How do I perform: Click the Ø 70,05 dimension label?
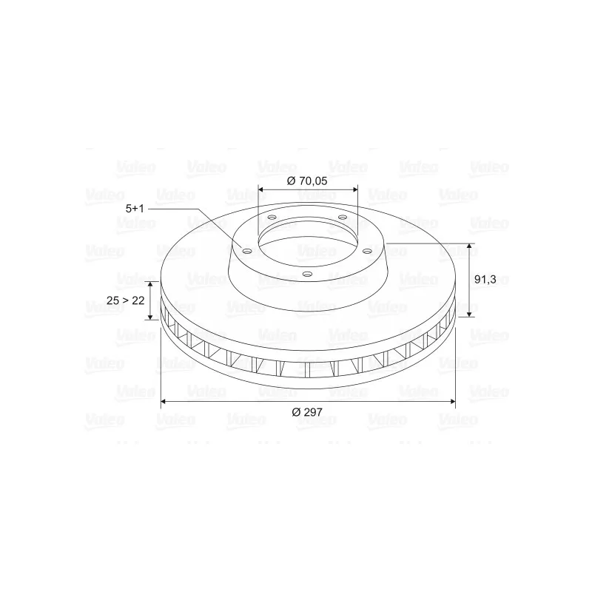pos(307,181)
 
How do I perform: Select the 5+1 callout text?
pos(135,209)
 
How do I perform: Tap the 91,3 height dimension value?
pos(485,280)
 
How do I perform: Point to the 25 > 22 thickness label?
pos(126,300)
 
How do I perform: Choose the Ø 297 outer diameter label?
pos(307,412)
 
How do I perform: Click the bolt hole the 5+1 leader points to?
pos(247,251)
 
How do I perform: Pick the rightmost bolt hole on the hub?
pos(367,251)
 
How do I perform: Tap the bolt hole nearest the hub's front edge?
pos(308,275)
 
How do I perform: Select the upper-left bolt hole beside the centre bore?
pos(271,218)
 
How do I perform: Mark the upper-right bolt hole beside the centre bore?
pos(343,217)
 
